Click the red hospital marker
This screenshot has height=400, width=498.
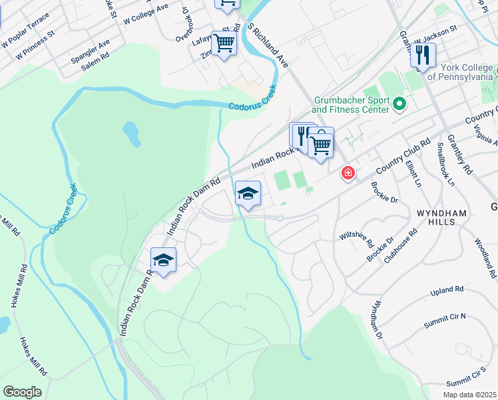pos(348,173)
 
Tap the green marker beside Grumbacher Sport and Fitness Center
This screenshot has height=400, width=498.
pos(399,104)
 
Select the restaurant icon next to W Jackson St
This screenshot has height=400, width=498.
pos(423,57)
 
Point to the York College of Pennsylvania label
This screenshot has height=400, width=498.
pos(460,72)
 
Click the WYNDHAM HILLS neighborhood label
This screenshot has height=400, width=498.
pos(447,213)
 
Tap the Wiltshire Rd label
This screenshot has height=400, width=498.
pos(354,235)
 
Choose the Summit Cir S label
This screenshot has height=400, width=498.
pos(467,377)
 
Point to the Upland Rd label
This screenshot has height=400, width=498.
pos(446,291)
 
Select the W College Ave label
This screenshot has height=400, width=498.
pos(146,14)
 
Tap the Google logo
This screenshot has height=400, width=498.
pos(22,392)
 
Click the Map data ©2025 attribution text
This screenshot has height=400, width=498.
pos(469,395)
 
